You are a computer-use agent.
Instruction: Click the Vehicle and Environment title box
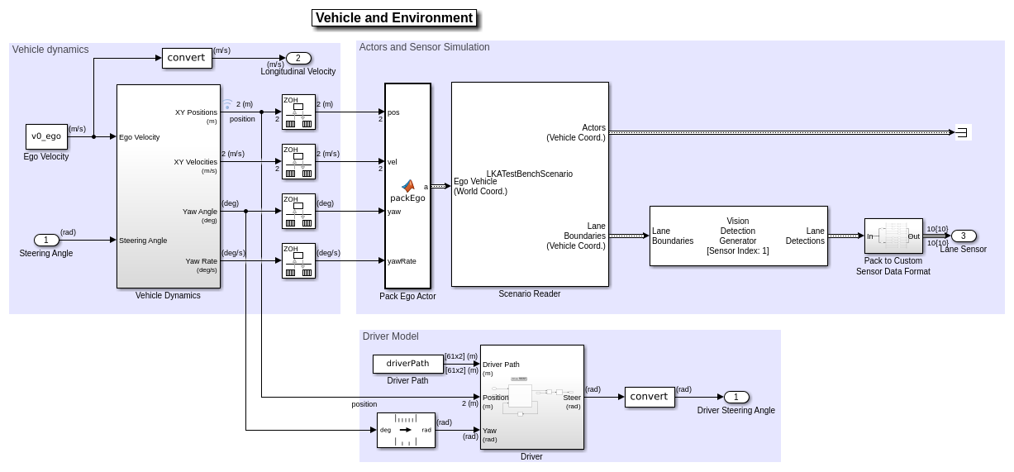(x=394, y=18)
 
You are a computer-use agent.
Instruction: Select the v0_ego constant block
(x=46, y=136)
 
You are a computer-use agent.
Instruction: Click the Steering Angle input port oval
(x=46, y=241)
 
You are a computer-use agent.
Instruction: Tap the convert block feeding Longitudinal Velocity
(x=187, y=58)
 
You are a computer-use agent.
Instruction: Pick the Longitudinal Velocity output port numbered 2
(x=298, y=58)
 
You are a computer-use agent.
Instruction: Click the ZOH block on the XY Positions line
(x=298, y=112)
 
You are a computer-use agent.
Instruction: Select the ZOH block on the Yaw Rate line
(x=298, y=260)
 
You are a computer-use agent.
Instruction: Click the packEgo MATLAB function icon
(x=407, y=187)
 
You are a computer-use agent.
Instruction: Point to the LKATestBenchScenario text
(x=529, y=174)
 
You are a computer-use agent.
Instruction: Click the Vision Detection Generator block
(x=738, y=236)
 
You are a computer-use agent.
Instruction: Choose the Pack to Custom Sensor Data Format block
(x=893, y=236)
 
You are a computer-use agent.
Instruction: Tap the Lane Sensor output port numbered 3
(x=964, y=236)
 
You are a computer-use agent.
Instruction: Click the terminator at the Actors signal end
(x=963, y=132)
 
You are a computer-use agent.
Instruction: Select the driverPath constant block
(x=407, y=364)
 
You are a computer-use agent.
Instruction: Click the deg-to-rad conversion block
(x=406, y=430)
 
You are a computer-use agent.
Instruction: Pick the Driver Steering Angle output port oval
(x=736, y=397)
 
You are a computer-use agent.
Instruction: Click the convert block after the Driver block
(x=650, y=397)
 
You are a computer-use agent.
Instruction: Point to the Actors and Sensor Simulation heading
(x=424, y=47)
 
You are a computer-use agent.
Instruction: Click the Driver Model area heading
(x=390, y=336)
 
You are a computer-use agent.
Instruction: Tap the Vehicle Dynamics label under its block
(x=168, y=296)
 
